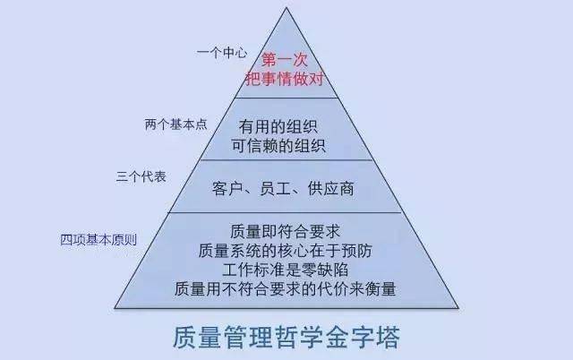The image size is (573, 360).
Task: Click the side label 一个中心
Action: point(222,53)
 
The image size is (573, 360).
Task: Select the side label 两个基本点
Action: point(175,124)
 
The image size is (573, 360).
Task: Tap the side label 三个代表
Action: point(141,177)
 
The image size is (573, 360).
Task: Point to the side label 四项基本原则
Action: point(98,240)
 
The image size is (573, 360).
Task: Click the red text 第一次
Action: point(285,60)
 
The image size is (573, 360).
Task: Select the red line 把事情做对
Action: point(285,79)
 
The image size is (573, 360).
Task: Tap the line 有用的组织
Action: point(278,127)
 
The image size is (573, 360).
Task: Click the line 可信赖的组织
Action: point(278,146)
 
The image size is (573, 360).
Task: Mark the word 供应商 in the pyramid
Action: point(330,189)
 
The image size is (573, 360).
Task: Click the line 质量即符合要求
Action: point(285,231)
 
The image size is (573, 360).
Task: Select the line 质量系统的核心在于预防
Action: point(285,251)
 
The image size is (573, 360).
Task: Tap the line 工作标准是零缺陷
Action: point(285,270)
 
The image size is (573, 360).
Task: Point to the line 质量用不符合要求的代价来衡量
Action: point(285,288)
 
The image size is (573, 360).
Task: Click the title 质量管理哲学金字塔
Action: point(286,337)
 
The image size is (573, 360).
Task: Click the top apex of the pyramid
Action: point(286,7)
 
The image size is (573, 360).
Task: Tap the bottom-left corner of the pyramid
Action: point(115,308)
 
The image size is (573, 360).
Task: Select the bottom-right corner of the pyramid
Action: point(458,308)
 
